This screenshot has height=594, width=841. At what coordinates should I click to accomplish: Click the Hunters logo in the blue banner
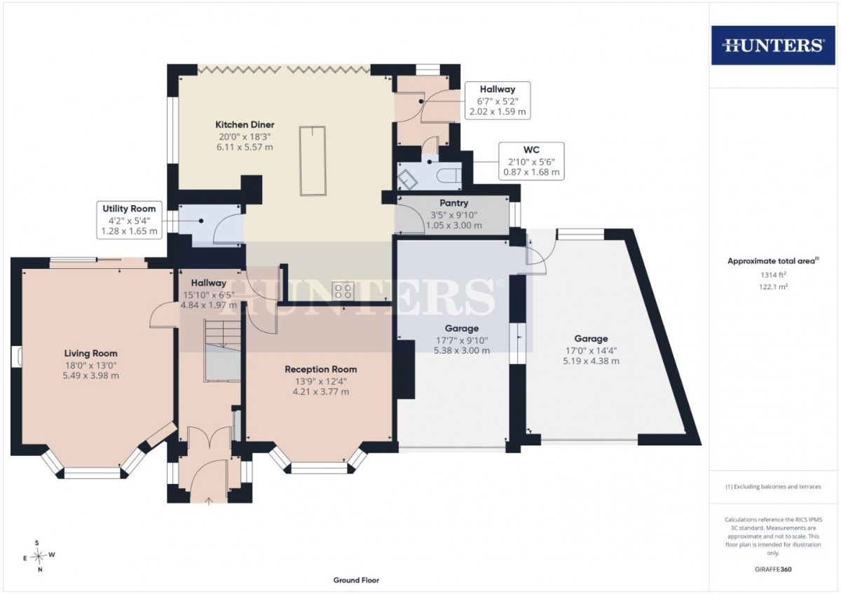(x=773, y=46)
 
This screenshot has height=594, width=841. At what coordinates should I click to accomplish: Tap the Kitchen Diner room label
(x=245, y=125)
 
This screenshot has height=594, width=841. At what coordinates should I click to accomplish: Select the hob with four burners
(x=343, y=291)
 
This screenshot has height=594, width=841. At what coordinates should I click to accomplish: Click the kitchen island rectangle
(x=313, y=160)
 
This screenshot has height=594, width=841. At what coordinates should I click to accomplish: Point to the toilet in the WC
(x=449, y=175)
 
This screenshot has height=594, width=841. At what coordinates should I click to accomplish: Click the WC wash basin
(x=407, y=180)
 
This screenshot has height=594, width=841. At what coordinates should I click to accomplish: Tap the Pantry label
(x=454, y=203)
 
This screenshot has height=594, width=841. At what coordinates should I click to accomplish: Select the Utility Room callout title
(x=129, y=209)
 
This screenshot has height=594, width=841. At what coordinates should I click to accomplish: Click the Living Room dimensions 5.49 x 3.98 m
(x=91, y=375)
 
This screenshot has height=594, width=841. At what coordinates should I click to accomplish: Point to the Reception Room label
(x=321, y=369)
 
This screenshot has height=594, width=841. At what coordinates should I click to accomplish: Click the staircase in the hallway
(x=223, y=350)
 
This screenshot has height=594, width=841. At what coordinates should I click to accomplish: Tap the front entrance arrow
(x=209, y=501)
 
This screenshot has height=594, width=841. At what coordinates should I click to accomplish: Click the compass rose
(x=39, y=555)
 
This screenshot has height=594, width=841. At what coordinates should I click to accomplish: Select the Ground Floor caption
(x=356, y=580)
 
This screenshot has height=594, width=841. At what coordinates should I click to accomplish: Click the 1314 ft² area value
(x=773, y=275)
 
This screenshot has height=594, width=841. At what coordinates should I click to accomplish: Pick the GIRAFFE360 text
(x=773, y=569)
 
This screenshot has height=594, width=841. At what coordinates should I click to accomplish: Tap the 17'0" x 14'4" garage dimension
(x=591, y=351)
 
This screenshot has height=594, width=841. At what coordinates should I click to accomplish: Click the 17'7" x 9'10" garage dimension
(x=461, y=340)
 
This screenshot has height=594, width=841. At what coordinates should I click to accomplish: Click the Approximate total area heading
(x=773, y=261)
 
